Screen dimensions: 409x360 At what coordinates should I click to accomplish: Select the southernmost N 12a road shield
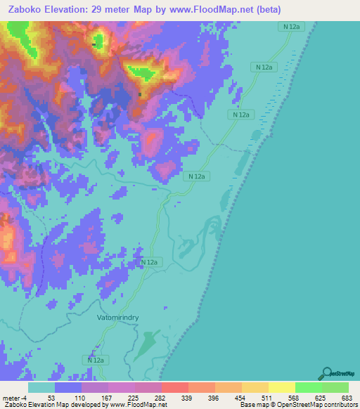click(96, 360)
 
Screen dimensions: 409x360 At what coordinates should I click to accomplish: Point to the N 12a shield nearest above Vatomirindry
click(148, 262)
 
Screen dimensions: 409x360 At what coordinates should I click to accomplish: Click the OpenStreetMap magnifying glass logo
click(326, 372)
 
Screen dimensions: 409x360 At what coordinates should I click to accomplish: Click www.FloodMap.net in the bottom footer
click(136, 404)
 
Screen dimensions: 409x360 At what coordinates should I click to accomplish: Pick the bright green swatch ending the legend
click(335, 387)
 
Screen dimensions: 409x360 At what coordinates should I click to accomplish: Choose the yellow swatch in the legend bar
click(282, 387)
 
